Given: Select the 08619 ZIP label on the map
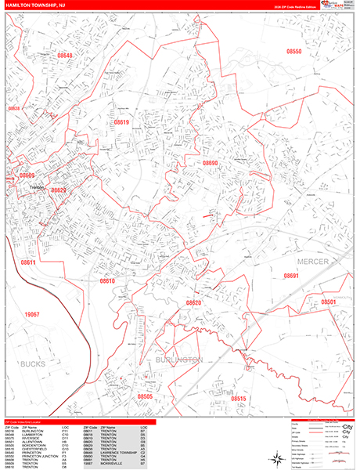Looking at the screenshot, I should (x=121, y=122).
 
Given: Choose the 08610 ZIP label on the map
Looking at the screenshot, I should (x=107, y=280).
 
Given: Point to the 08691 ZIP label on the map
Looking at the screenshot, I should (x=291, y=276).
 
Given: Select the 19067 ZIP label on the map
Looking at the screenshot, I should (x=31, y=313).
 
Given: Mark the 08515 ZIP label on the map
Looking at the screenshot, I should (x=239, y=399).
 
